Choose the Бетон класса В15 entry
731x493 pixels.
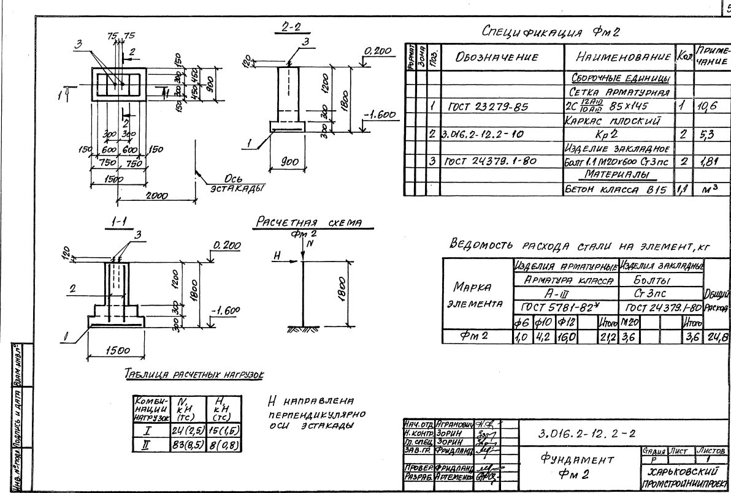pos(619,189)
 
